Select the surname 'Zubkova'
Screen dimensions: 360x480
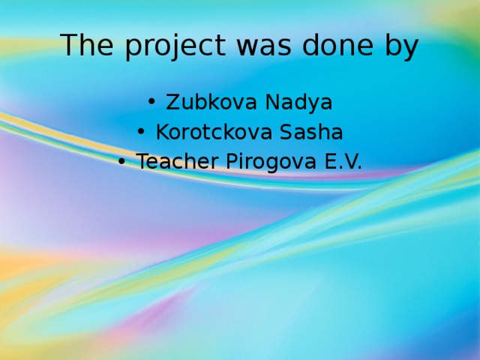click(x=207, y=102)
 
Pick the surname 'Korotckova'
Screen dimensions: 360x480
click(x=214, y=132)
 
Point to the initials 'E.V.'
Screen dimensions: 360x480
click(x=342, y=161)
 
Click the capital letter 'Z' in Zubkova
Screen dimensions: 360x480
click(x=172, y=102)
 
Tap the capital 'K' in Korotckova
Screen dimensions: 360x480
click(x=161, y=132)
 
